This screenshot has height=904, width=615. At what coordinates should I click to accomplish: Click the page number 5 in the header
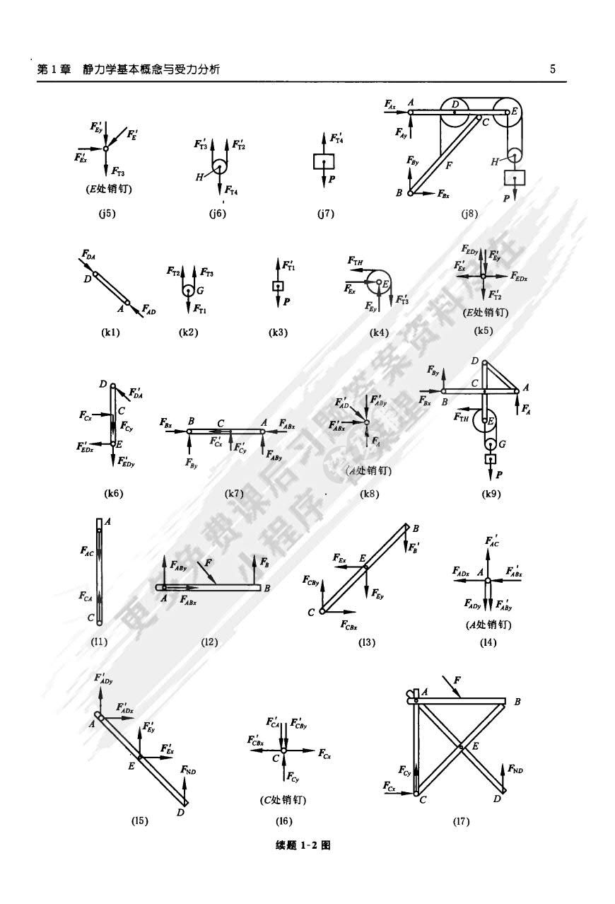[x=553, y=69]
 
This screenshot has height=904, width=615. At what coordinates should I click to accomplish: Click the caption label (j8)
[x=468, y=214]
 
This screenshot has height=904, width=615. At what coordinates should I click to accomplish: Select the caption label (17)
[x=462, y=821]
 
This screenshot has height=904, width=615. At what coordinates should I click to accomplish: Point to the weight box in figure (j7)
[x=323, y=162]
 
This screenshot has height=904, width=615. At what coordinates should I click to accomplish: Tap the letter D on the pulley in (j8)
[x=456, y=105]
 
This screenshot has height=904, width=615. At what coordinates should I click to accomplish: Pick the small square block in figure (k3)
[x=278, y=286]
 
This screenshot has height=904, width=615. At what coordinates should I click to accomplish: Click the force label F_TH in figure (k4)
[x=356, y=261]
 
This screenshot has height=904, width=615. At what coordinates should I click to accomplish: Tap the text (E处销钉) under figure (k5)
[x=485, y=311]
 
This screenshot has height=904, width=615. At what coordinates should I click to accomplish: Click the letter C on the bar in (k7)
[x=221, y=423]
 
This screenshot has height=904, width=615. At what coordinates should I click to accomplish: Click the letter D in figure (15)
[x=180, y=813]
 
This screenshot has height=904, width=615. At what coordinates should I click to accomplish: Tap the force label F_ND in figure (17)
[x=516, y=769]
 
